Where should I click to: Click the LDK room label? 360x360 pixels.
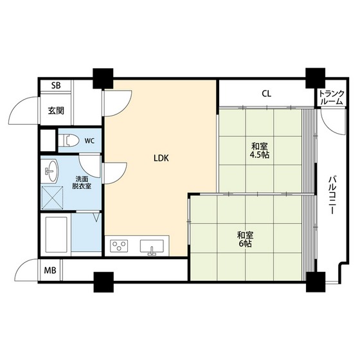[x=161, y=158]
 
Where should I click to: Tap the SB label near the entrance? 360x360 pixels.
[x=56, y=85]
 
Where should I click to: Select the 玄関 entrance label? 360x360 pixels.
[x=56, y=111]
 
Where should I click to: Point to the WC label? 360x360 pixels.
[x=89, y=141]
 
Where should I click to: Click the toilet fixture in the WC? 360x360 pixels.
[x=69, y=140]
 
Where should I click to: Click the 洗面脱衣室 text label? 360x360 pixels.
[x=82, y=183]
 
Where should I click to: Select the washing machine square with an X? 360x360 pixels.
[x=52, y=198]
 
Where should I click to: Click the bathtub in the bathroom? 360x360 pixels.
[x=57, y=234]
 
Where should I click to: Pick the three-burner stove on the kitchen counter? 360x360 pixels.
[x=119, y=246]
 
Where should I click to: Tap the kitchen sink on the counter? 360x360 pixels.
[x=152, y=247]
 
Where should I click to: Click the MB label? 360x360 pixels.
[x=50, y=270]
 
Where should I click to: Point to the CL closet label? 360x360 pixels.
[x=266, y=94]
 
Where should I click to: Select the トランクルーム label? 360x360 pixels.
[x=332, y=98]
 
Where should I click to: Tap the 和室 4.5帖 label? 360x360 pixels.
[x=260, y=150]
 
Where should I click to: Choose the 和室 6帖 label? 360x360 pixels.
[x=245, y=239]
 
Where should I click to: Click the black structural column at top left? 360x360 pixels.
[x=103, y=78]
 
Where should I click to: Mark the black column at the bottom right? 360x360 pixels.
[x=316, y=282]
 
